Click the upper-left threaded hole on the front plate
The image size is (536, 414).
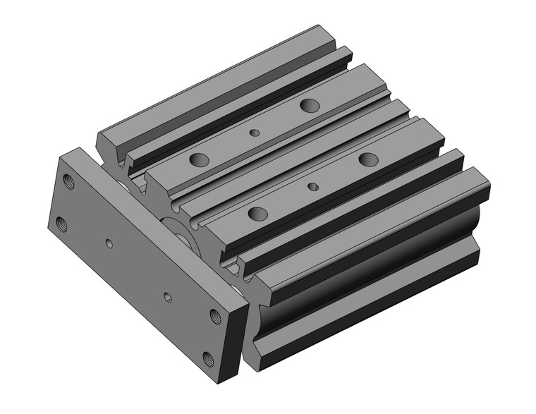tap(68, 181)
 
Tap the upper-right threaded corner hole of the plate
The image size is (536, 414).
tap(215, 316)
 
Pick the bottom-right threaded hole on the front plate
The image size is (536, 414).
tap(209, 359)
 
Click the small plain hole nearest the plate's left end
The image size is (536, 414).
tap(109, 243)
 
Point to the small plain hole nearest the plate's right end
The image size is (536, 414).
tap(167, 297)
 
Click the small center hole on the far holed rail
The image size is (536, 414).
tap(255, 132)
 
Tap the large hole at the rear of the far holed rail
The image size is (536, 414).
tap(309, 106)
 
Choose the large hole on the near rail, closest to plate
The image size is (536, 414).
tap(257, 213)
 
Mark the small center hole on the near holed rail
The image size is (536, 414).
tap(313, 186)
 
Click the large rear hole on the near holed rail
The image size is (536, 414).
tap(367, 159)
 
